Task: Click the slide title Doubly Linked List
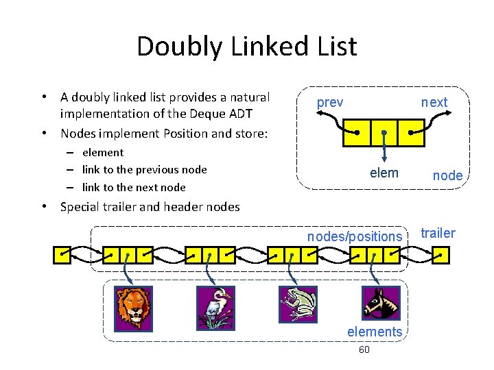(x=246, y=47)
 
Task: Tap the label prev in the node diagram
(x=330, y=102)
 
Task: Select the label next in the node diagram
(x=434, y=102)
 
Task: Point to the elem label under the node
(x=384, y=173)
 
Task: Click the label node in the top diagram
(x=447, y=175)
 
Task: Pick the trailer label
(x=438, y=233)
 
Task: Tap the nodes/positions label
(x=355, y=236)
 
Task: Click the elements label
(x=375, y=332)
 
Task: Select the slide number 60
(x=364, y=350)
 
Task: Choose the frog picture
(x=298, y=305)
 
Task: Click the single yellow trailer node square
(x=441, y=256)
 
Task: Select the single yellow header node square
(x=62, y=256)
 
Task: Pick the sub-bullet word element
(x=103, y=152)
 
